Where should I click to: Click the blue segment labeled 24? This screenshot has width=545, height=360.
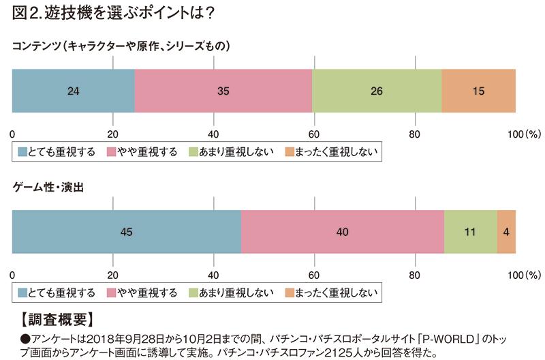[74, 91]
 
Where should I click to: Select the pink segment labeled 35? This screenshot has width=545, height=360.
[223, 91]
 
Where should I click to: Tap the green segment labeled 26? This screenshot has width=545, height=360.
[377, 91]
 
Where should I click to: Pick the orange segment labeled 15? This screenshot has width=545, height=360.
[478, 91]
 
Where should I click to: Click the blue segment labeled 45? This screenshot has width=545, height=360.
[126, 232]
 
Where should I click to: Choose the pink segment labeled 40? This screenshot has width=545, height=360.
[342, 232]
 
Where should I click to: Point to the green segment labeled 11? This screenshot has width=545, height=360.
[470, 232]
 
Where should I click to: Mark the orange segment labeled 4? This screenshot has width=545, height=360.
[506, 232]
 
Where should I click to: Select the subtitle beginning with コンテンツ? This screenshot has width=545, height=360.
[123, 46]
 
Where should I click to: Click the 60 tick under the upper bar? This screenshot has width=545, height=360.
[314, 133]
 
